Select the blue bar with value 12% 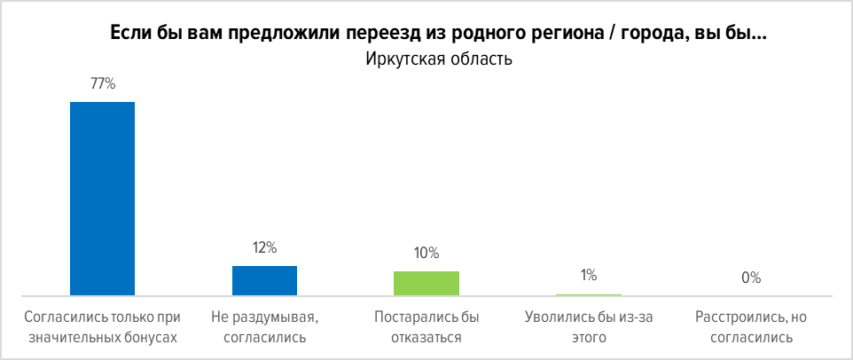[264, 280]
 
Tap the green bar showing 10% [426, 283]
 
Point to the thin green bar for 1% [589, 294]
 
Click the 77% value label [103, 84]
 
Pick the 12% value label [264, 248]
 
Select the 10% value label [426, 253]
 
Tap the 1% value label [589, 276]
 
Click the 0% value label [751, 278]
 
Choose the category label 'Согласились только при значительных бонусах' [102, 326]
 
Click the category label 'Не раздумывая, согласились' [264, 326]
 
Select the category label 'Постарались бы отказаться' [426, 326]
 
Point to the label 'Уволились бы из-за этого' [589, 326]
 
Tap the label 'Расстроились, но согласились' [751, 326]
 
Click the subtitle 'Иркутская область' [426, 60]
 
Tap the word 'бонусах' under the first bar [152, 337]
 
